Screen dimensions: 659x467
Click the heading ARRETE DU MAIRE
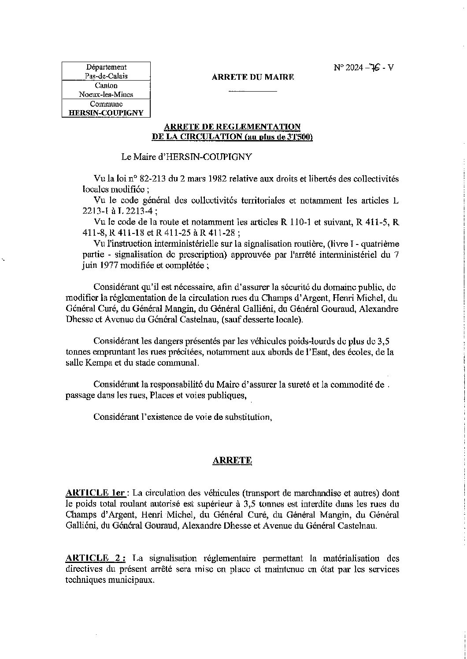pos(252,77)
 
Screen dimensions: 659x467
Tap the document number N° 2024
pos(348,67)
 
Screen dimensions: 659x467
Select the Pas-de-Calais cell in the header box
pos(106,76)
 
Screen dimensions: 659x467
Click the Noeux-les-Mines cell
pos(106,94)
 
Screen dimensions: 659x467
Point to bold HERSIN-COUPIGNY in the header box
pos(106,113)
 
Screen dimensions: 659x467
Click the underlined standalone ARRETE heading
pos(232,461)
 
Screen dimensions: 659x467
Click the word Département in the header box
pos(106,67)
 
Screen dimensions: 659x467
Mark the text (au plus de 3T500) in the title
pos(278,137)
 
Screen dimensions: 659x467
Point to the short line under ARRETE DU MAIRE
pos(252,91)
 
